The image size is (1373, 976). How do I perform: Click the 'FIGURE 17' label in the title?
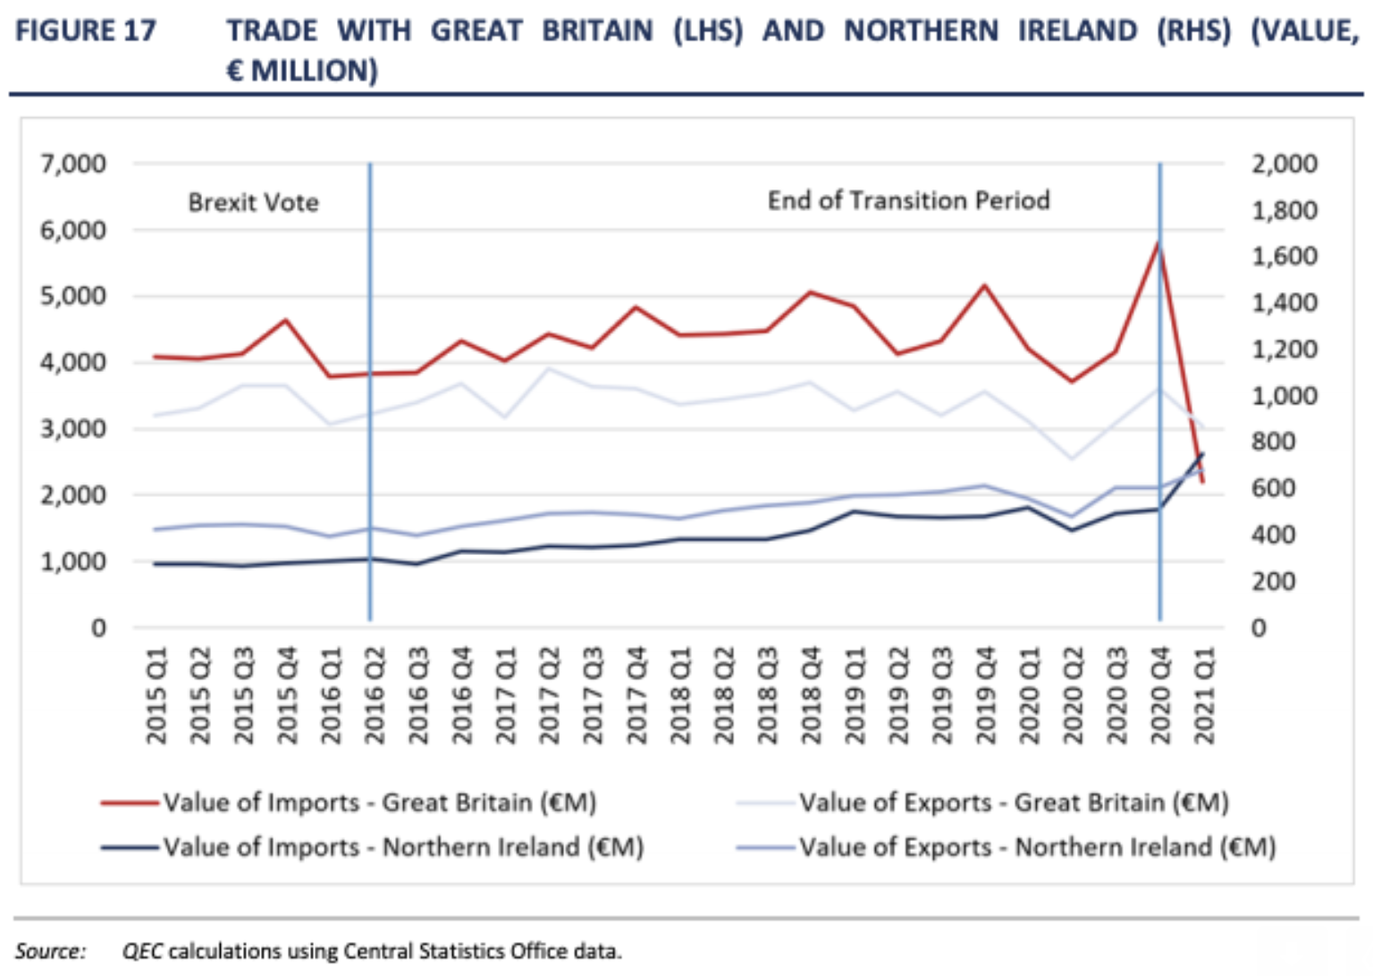point(86,31)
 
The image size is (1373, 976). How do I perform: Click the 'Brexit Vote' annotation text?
point(253,203)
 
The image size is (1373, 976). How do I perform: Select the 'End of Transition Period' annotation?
point(908,200)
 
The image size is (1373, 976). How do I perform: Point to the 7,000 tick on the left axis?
point(72,164)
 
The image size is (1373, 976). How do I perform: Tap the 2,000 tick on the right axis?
point(1284,164)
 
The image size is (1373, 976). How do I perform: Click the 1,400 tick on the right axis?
point(1284,303)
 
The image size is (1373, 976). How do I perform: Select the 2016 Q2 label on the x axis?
point(374,695)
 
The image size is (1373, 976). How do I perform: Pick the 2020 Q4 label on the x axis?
point(1159,695)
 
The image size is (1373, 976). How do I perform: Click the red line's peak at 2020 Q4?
point(1158,242)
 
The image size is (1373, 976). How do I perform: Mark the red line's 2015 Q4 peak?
point(286,320)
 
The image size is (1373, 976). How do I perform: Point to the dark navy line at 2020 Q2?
point(1072,530)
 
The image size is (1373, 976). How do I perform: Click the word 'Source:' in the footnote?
point(50,951)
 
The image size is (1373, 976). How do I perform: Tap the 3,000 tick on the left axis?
point(72,429)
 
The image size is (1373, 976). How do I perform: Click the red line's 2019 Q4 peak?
point(984,286)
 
